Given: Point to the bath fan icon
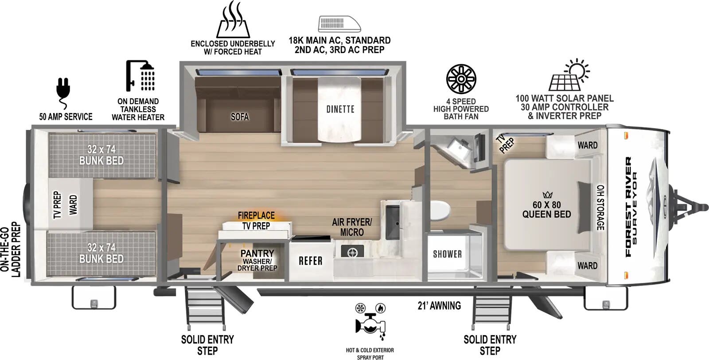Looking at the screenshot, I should click(461, 79).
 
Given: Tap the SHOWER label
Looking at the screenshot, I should click(447, 254).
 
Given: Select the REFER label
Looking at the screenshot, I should click(310, 261).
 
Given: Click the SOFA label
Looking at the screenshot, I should click(240, 117).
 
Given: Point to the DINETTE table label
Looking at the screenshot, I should click(340, 109).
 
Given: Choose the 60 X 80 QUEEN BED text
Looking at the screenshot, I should click(546, 210).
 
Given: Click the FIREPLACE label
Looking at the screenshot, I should click(256, 215).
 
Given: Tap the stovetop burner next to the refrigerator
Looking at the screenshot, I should click(353, 253).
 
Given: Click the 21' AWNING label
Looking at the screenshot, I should click(439, 305).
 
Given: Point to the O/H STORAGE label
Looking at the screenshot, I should click(600, 207).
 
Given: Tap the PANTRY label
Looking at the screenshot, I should click(257, 253).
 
